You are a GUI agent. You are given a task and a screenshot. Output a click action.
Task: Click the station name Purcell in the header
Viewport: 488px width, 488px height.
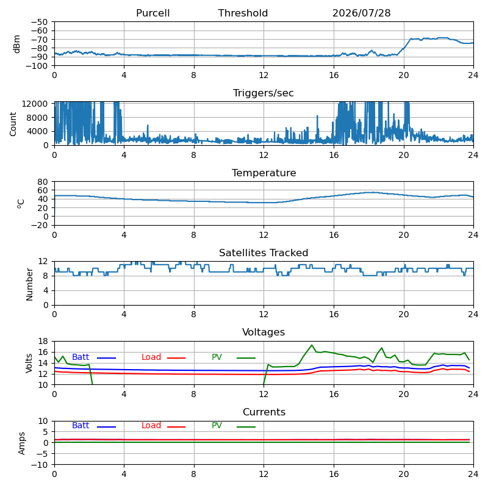tap(153, 13)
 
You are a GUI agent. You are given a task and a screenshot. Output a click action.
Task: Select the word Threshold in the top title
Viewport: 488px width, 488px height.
tap(243, 13)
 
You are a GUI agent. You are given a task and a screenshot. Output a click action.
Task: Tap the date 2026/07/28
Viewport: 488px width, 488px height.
tap(361, 13)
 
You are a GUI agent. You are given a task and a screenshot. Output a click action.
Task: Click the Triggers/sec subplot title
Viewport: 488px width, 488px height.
tap(264, 93)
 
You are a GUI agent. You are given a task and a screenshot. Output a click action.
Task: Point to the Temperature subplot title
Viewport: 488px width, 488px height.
tap(264, 173)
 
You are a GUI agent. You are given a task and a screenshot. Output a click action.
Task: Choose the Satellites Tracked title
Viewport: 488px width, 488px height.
tap(264, 253)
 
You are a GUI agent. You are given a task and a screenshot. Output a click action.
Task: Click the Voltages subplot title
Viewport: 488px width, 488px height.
tap(264, 332)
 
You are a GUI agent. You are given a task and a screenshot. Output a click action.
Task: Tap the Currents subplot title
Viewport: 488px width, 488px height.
tap(264, 412)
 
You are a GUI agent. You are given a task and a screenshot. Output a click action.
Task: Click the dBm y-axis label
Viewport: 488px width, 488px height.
tap(17, 44)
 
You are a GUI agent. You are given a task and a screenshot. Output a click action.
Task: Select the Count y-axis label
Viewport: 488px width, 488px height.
tap(13, 124)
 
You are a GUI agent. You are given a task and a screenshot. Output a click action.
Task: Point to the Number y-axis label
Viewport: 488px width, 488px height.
tap(29, 284)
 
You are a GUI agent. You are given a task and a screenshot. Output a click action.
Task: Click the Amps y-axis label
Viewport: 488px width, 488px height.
tap(21, 443)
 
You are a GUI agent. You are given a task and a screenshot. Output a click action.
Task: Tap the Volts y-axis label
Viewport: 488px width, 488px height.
tap(29, 364)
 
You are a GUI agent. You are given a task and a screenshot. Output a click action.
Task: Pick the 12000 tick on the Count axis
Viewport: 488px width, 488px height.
tap(35, 104)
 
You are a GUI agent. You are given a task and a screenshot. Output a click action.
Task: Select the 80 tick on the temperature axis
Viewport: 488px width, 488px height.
tap(43, 181)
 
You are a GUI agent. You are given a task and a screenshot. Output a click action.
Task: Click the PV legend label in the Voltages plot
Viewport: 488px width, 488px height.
tap(217, 357)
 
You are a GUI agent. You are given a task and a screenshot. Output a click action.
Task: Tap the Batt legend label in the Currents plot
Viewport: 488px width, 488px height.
tap(81, 425)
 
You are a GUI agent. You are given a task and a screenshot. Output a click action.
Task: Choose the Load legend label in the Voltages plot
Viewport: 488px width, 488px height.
tap(151, 357)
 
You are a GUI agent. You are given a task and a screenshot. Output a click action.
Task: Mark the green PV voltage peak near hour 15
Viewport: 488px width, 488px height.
tap(312, 345)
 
